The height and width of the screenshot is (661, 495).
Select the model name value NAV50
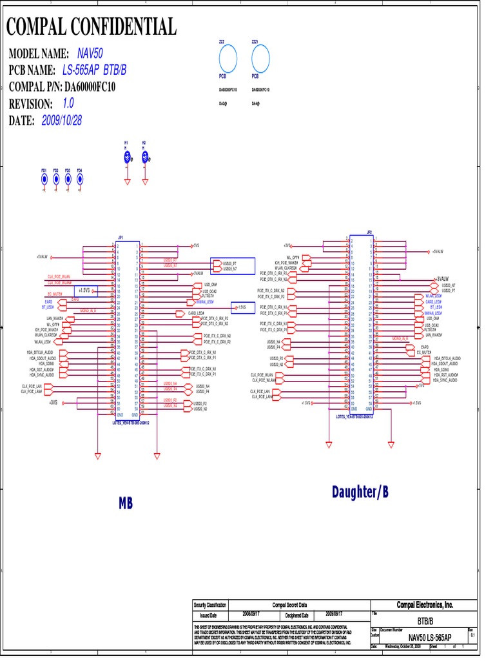coord(90,53)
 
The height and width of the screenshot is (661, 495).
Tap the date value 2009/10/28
coord(62,120)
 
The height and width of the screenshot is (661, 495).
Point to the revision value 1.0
coord(68,103)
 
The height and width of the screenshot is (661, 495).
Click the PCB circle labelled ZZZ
coord(228,60)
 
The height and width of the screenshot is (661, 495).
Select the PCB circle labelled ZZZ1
coord(260,60)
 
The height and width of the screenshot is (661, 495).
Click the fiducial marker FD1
coord(44,179)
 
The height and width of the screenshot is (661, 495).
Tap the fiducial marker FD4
coord(79,179)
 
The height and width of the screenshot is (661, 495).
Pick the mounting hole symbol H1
coord(128,156)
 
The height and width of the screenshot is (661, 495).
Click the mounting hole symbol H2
coord(144,156)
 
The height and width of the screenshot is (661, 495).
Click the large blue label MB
coord(126,503)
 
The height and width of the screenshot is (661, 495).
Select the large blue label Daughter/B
coord(360,493)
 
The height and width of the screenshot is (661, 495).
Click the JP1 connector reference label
coord(121,237)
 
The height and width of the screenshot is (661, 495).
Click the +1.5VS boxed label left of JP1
coord(84,290)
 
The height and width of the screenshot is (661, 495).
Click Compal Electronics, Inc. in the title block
coord(425,605)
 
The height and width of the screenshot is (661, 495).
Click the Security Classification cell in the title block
coord(210,605)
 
